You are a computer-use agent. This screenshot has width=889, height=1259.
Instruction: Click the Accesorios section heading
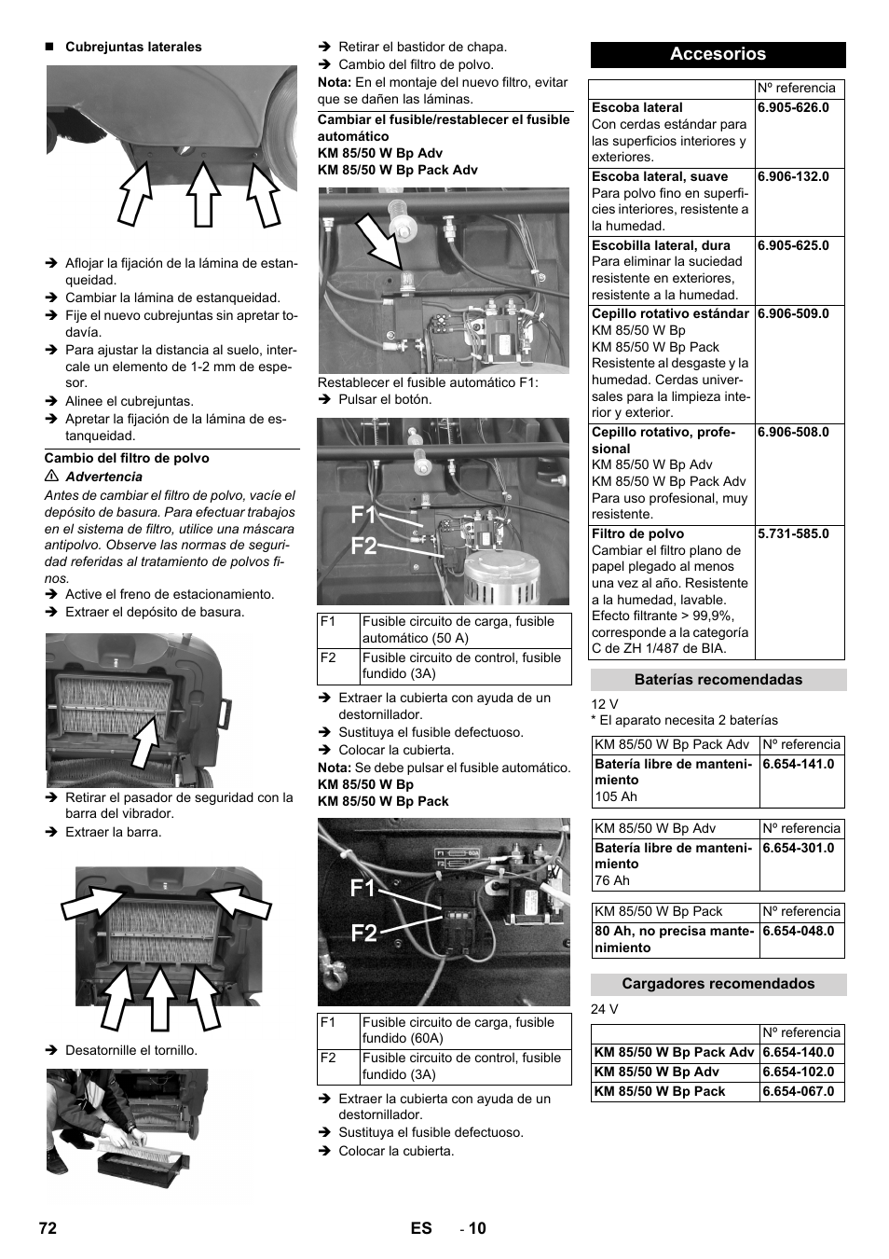718,54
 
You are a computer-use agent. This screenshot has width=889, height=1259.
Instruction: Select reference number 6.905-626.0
793,107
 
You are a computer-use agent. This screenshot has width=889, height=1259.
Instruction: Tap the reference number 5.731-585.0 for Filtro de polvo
793,533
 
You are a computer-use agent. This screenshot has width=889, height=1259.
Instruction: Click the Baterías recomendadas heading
718,680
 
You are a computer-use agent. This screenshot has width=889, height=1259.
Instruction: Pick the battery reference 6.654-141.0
798,764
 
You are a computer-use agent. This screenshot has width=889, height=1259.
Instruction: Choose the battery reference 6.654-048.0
798,931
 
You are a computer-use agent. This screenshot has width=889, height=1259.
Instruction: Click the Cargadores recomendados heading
718,984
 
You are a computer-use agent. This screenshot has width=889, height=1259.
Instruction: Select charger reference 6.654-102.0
798,1072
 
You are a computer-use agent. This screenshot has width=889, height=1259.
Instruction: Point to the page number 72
48,1228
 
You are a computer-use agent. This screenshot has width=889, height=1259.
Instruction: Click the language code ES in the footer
421,1228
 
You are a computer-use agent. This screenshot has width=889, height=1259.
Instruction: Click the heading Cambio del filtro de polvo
127,458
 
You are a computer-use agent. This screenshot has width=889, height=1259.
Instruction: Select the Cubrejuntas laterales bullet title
133,47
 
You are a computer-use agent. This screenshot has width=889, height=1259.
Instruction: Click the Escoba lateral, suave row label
660,176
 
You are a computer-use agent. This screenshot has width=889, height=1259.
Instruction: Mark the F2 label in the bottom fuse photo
363,933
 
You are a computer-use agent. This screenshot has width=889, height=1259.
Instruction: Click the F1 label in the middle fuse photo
363,516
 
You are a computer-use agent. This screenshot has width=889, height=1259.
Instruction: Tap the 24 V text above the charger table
604,1009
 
